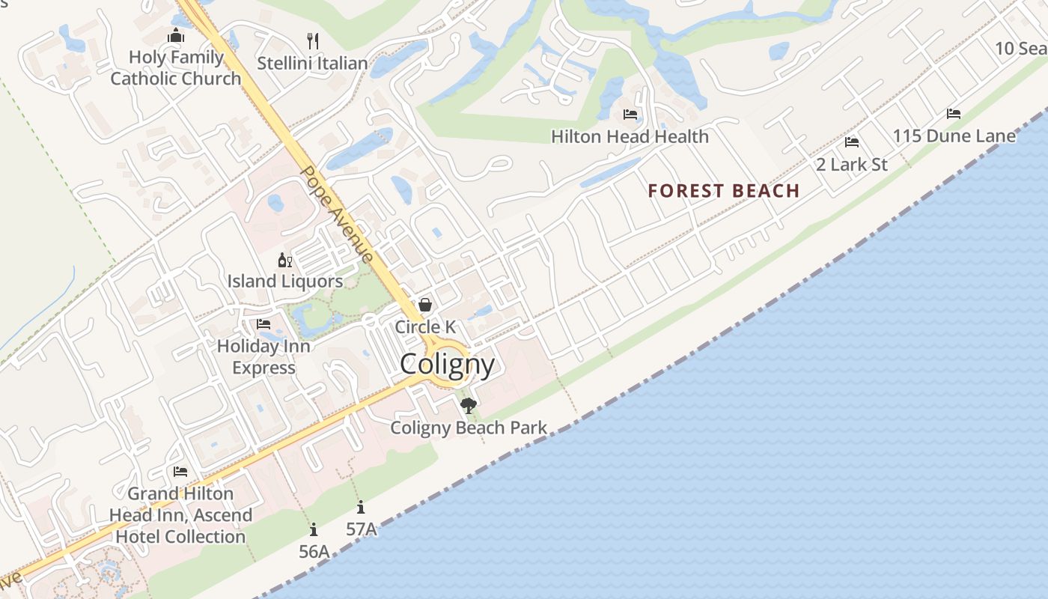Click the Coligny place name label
coord(447,365)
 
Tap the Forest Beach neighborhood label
coord(724,191)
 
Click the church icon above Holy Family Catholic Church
coord(176,35)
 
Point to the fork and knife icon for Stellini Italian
coord(313,40)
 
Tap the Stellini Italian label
coord(312,64)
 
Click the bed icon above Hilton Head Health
coord(630,115)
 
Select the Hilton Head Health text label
coord(630,137)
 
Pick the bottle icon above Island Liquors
coord(285,260)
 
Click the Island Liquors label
coord(285,282)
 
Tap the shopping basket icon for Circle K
coord(425,304)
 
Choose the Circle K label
coord(425,327)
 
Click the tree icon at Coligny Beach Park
coord(469,406)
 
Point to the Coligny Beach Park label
coord(469,428)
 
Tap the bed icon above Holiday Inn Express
coord(263,324)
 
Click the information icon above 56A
coord(314,530)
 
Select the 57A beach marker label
coord(361,529)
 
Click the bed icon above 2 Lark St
coord(851,142)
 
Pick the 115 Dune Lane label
coord(954,136)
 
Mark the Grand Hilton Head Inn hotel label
coord(180,515)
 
